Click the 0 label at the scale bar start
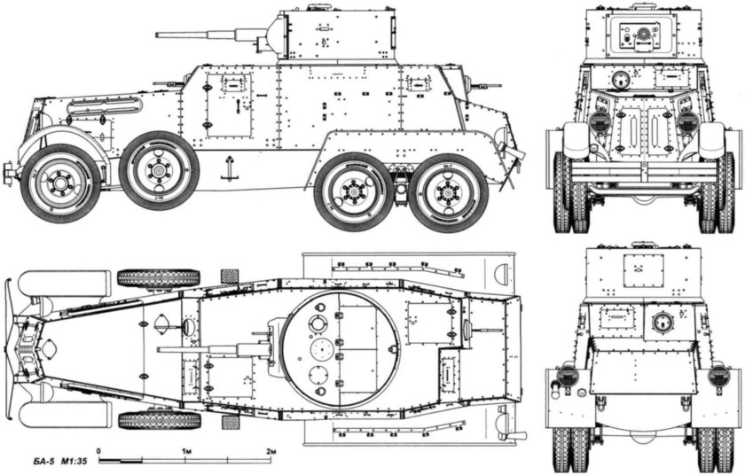pyautogui.click(x=99, y=452)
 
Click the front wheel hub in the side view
pyautogui.click(x=61, y=183)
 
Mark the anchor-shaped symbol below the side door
pyautogui.click(x=229, y=167)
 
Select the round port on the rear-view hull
pyautogui.click(x=661, y=321)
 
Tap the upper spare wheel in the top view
pyautogui.click(x=159, y=278)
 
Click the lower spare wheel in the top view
pyautogui.click(x=159, y=419)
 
